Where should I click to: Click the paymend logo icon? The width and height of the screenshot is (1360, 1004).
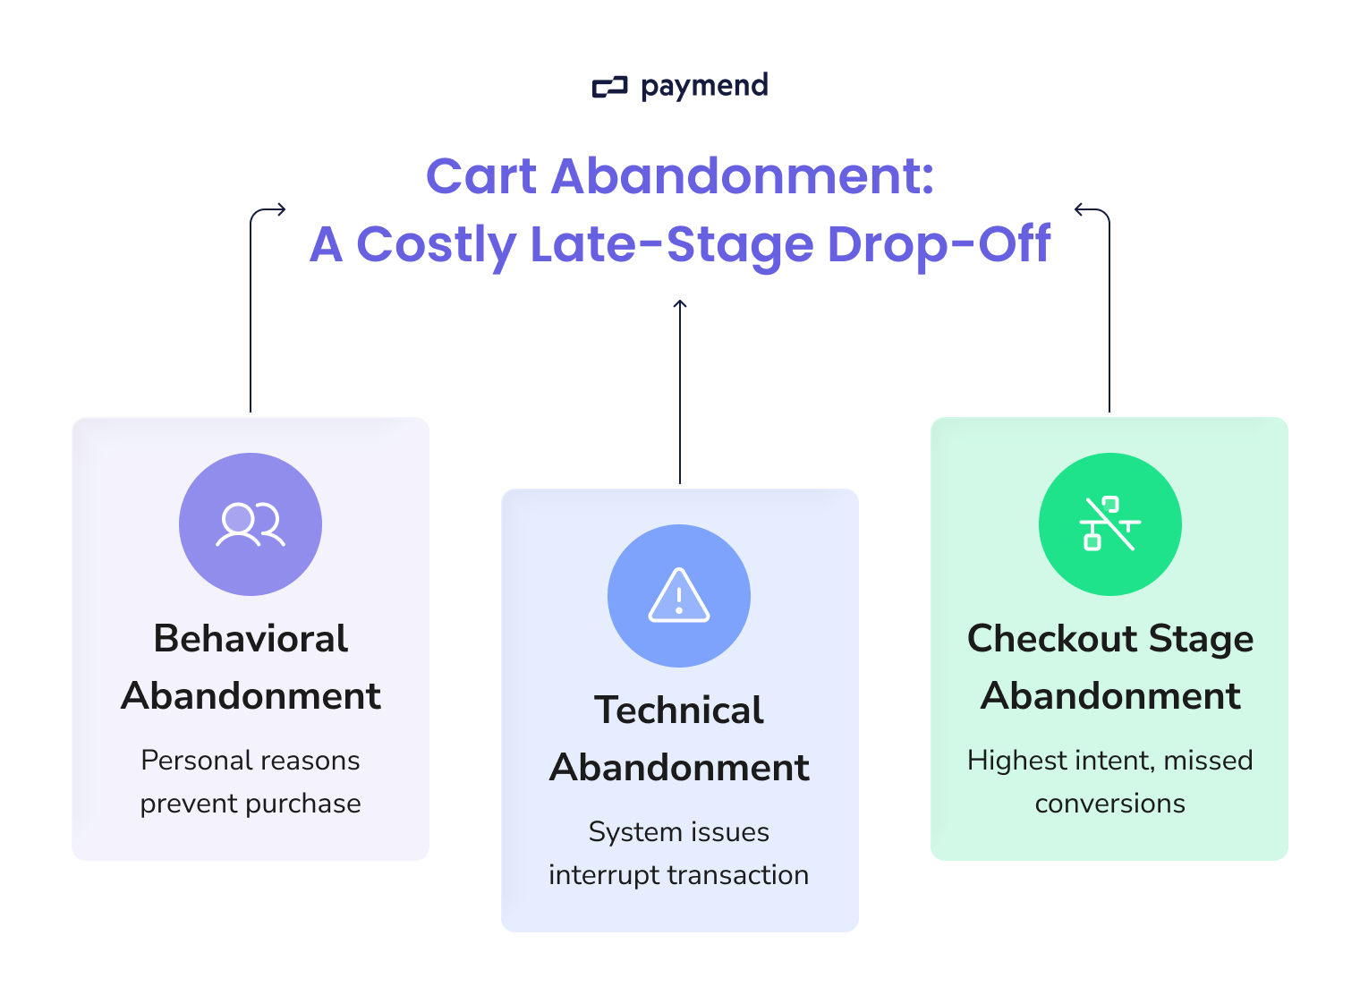(609, 87)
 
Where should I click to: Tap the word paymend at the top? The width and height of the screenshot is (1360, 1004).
(704, 86)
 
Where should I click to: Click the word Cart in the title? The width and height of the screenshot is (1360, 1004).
(480, 175)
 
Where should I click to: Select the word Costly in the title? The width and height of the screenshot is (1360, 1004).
(436, 244)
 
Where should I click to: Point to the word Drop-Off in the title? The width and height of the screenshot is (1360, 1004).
(939, 244)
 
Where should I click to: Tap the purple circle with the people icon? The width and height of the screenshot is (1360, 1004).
(251, 524)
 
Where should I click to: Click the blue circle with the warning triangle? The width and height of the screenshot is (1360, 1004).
(679, 596)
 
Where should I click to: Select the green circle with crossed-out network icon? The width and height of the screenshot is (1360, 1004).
(1109, 524)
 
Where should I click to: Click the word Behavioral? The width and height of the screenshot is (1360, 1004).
(251, 639)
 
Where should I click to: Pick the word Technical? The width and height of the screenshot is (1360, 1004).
(679, 710)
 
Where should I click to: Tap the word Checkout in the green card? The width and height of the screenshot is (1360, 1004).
(1052, 639)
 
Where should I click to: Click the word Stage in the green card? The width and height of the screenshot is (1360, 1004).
(1201, 639)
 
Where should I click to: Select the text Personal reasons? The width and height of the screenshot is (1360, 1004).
(251, 761)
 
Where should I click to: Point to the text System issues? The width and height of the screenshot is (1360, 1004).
(679, 832)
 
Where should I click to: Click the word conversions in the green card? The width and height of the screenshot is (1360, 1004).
(1109, 804)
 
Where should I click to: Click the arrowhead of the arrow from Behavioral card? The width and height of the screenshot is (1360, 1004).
(281, 210)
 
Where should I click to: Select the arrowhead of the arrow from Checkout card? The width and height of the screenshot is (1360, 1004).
(1079, 210)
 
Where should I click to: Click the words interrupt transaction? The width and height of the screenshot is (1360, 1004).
(679, 875)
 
